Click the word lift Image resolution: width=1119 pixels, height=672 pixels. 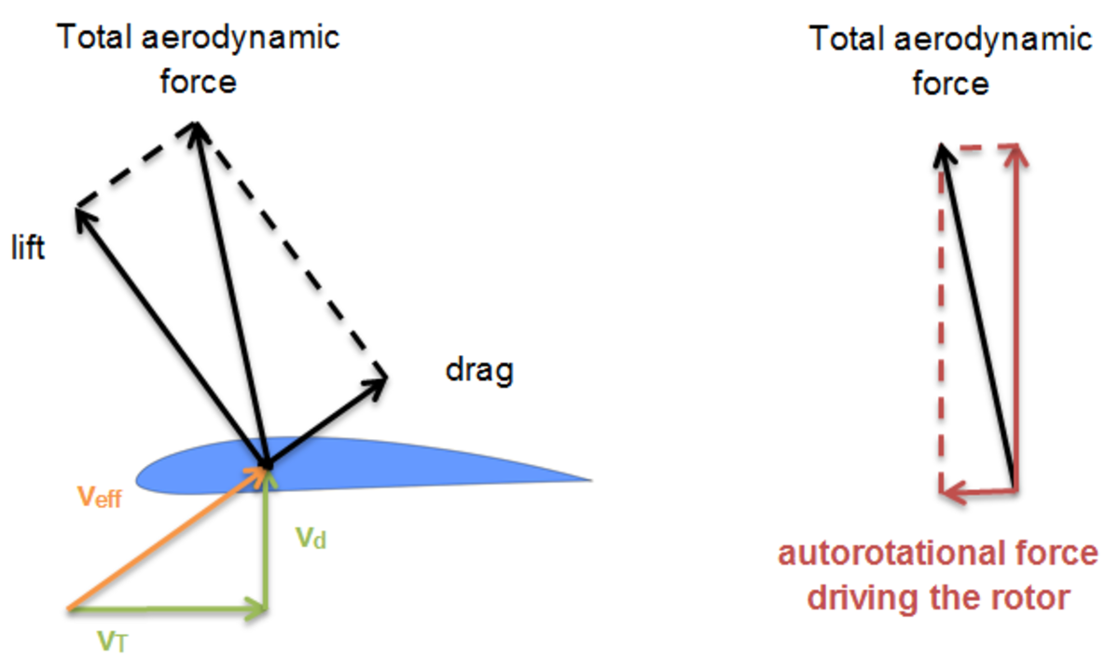click(x=27, y=250)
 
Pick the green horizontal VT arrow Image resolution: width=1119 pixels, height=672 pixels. click(x=168, y=611)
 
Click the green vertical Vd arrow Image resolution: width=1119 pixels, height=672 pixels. click(x=269, y=541)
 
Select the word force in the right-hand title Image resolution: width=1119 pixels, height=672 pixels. click(x=950, y=84)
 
